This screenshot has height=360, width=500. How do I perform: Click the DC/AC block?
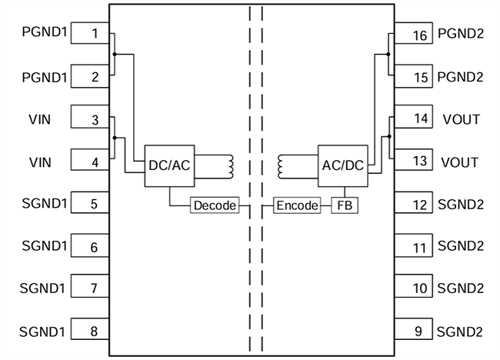tap(168, 165)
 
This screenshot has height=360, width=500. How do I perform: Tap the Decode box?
tap(214, 206)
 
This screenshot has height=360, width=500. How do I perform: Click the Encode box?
tap(297, 206)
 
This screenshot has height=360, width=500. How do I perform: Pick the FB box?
tap(345, 206)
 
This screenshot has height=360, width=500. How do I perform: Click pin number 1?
tap(94, 34)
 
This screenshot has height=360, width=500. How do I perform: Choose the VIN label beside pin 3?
tap(40, 119)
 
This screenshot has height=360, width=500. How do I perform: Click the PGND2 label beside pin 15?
tap(461, 77)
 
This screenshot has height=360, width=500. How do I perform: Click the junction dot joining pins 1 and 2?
tap(114, 55)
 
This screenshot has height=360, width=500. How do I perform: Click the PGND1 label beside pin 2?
tap(44, 77)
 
